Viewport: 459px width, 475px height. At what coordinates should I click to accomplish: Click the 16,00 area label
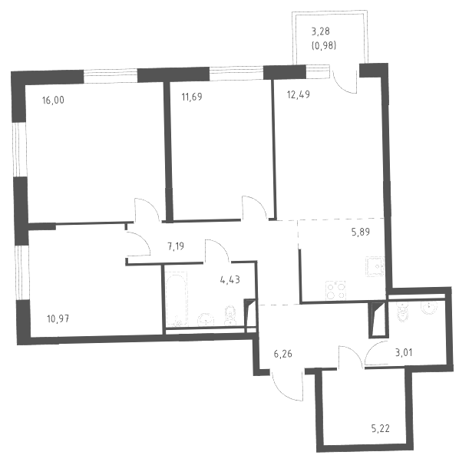[53, 100]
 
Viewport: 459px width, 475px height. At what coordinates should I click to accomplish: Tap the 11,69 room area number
[192, 97]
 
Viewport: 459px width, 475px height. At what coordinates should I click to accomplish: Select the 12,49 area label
[299, 94]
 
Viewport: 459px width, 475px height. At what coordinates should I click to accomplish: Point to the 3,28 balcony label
[321, 31]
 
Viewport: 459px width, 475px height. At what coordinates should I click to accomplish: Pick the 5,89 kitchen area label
[361, 232]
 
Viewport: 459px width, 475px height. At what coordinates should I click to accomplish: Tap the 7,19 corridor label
[176, 246]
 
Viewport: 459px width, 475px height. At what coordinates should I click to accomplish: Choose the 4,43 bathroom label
[230, 279]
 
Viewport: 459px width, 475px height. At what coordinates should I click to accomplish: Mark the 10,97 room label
[58, 318]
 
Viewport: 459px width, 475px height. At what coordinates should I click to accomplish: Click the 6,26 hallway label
[283, 354]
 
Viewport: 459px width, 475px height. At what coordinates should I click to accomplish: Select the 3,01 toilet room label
[404, 353]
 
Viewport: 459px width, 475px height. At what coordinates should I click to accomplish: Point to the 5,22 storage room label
[380, 429]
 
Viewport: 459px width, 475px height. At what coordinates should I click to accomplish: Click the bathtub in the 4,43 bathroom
[176, 299]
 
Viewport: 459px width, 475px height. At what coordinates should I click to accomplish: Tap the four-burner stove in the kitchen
[335, 291]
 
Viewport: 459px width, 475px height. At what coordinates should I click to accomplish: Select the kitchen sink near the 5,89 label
[375, 266]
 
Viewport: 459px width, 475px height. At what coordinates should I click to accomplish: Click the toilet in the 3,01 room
[403, 312]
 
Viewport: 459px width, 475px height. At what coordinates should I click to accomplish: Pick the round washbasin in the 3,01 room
[429, 308]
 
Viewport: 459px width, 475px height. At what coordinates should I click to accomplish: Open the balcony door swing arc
[345, 82]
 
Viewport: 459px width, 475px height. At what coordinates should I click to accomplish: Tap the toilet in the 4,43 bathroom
[230, 316]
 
